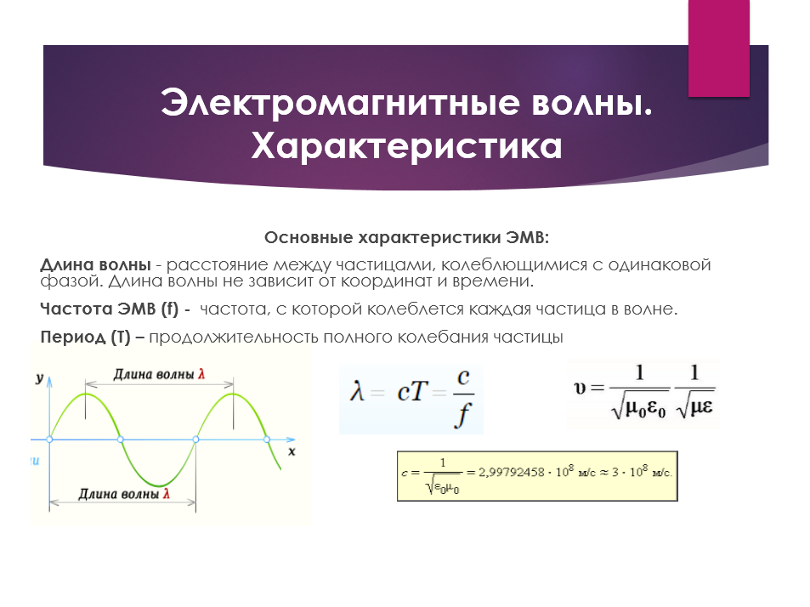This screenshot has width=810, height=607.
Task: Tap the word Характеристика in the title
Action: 406,147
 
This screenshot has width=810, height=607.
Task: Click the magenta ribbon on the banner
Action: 718,48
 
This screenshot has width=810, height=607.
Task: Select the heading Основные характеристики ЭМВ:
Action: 406,238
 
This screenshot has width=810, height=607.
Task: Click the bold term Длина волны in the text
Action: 95,264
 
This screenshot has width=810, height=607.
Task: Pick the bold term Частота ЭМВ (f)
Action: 109,309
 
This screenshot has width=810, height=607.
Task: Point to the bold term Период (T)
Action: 85,337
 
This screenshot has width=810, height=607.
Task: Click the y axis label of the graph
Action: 39,377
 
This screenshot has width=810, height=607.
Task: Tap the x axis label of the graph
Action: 292,451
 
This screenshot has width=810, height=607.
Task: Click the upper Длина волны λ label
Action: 159,374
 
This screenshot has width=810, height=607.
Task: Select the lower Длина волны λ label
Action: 124,494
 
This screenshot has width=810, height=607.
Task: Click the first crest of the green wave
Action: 86,394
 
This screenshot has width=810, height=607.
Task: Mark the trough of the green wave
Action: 160,485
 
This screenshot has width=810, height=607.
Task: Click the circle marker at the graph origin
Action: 49,440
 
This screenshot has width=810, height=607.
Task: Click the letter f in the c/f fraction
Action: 463,415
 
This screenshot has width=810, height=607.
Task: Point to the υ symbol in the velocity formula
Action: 580,388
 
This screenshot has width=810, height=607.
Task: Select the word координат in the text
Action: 387,281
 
